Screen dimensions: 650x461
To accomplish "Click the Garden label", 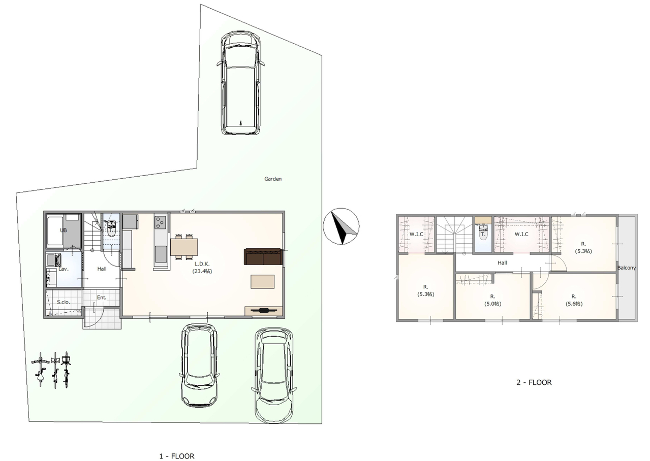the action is tap(273, 179).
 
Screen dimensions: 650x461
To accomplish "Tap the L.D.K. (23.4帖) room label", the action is tap(202, 268).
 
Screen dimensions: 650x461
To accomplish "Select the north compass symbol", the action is tap(341, 226).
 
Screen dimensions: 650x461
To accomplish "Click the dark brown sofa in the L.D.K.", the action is tap(263, 256).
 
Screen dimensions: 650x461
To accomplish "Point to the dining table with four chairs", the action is tap(184, 247).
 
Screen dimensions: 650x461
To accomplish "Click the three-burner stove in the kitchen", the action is tap(160, 223).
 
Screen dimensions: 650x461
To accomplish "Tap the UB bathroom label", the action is tap(63, 230).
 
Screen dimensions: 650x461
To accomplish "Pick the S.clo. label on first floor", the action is tap(63, 302).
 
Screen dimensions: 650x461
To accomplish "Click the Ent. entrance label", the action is tap(102, 298).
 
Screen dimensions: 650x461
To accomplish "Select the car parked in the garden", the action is tap(240, 83).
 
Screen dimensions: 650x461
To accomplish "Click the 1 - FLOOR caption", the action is tap(177, 456).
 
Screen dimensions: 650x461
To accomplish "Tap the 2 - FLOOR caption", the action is tap(534, 382).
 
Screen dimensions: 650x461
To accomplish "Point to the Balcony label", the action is tap(627, 268).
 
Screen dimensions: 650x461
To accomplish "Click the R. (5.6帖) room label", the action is tap(574, 300).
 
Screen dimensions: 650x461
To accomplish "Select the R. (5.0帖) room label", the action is tap(493, 300).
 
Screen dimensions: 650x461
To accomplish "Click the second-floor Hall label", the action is tap(502, 262).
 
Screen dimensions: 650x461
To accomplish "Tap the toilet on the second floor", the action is tap(483, 232).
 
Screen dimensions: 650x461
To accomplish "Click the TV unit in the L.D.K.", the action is tap(263, 311).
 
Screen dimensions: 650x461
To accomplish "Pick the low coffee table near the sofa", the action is tap(263, 282).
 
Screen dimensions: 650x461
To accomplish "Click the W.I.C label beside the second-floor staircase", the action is tap(416, 234).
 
